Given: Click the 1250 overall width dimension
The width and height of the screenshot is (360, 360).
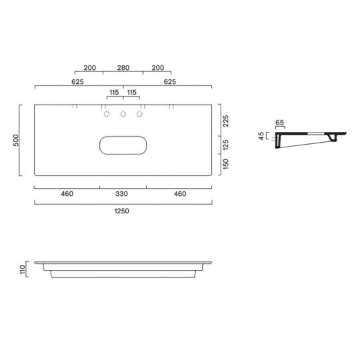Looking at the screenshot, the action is point(122,211).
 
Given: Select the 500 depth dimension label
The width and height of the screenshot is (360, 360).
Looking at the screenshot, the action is point(16,140).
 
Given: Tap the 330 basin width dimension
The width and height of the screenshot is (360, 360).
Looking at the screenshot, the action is point(121,194).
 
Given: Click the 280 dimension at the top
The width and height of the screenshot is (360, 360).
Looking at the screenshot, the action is point(123,68).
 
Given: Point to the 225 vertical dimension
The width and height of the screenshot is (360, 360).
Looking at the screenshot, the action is point(226,121).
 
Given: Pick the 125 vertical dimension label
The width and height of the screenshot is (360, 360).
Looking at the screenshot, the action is point(226,145).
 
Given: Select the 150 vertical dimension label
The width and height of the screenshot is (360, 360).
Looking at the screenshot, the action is point(226,164).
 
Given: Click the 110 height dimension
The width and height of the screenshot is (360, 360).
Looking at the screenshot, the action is point(23,269).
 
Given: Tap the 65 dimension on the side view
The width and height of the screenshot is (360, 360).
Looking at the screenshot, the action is point(279,123).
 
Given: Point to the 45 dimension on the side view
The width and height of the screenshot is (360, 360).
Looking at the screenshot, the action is point(261,136).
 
